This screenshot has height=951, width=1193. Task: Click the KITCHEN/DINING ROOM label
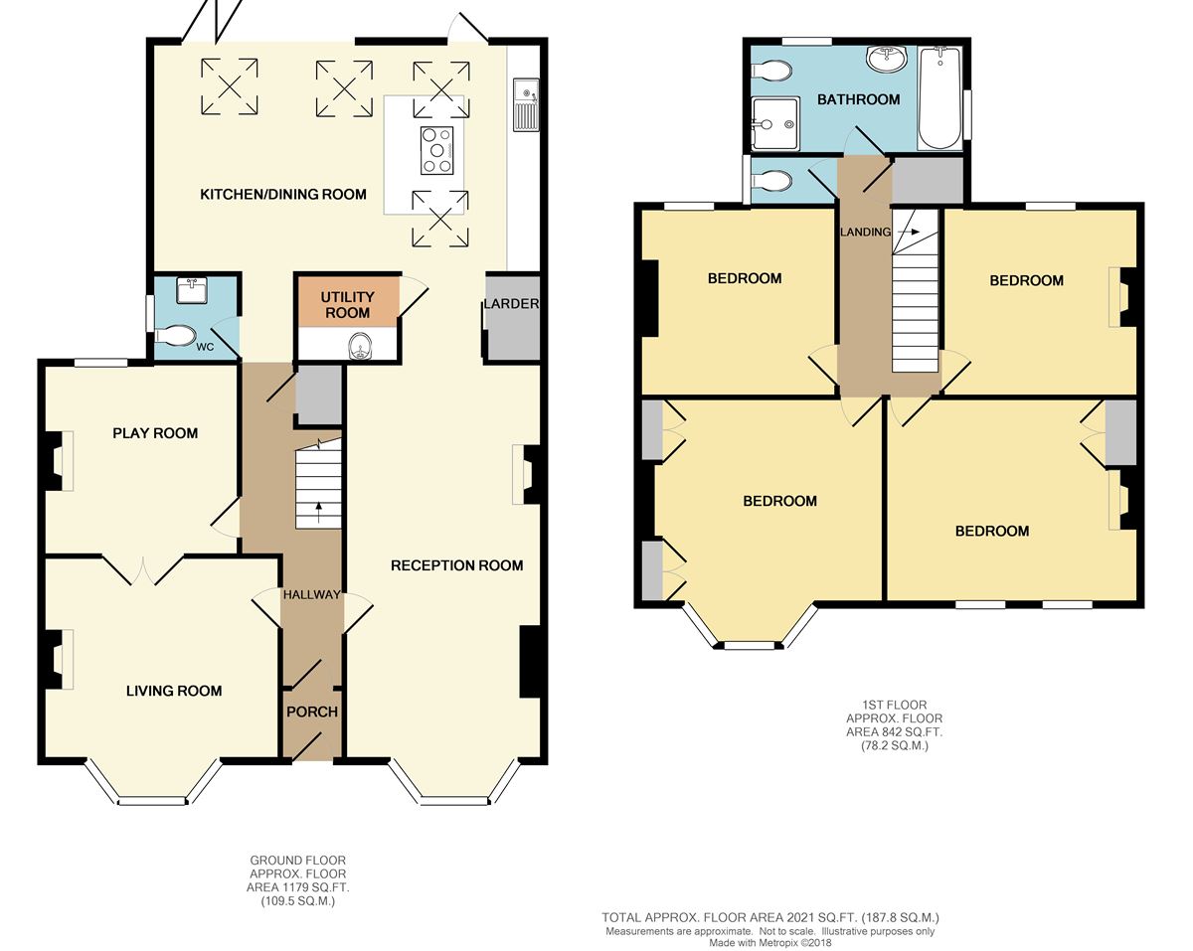(282, 195)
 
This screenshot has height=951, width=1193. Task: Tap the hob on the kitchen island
(436, 150)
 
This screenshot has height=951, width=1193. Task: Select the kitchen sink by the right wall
(526, 104)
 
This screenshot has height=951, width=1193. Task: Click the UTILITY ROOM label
(348, 305)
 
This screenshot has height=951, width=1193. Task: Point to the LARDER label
(511, 304)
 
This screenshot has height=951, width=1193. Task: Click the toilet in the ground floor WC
(175, 336)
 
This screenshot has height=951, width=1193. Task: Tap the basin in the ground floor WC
(192, 290)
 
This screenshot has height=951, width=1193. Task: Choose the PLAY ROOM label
(155, 433)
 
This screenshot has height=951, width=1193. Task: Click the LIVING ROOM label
(174, 691)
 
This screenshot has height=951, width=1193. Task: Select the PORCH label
(312, 712)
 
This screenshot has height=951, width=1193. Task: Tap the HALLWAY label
(311, 594)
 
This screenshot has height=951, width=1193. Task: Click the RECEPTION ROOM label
(456, 565)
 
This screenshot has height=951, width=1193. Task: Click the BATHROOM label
(859, 99)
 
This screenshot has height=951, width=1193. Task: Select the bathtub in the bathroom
(939, 98)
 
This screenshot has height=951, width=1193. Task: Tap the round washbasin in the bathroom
(887, 59)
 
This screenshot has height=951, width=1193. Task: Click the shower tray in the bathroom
(775, 123)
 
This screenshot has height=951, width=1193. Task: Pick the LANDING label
(865, 233)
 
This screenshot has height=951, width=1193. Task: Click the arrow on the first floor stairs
(909, 233)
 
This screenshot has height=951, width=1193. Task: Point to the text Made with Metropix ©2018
(770, 943)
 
